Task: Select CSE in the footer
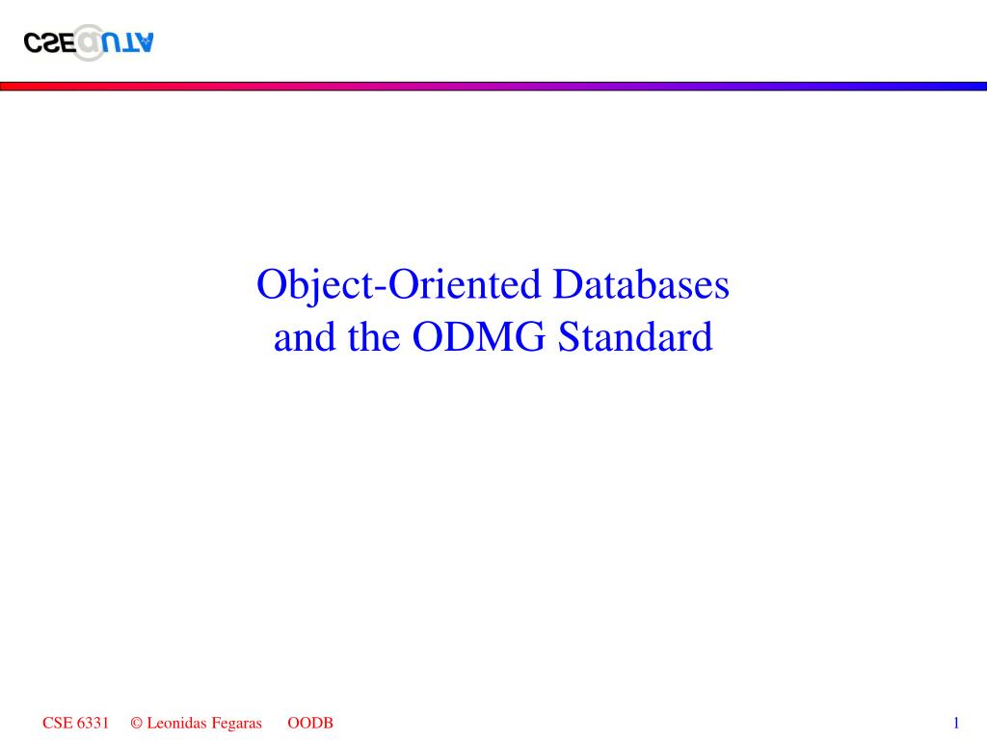click(56, 723)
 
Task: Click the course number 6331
click(93, 723)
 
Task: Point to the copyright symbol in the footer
click(136, 723)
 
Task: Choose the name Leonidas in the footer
click(174, 723)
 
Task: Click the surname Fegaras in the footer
click(236, 723)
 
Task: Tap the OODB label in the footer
click(310, 723)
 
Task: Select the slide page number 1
click(955, 723)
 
